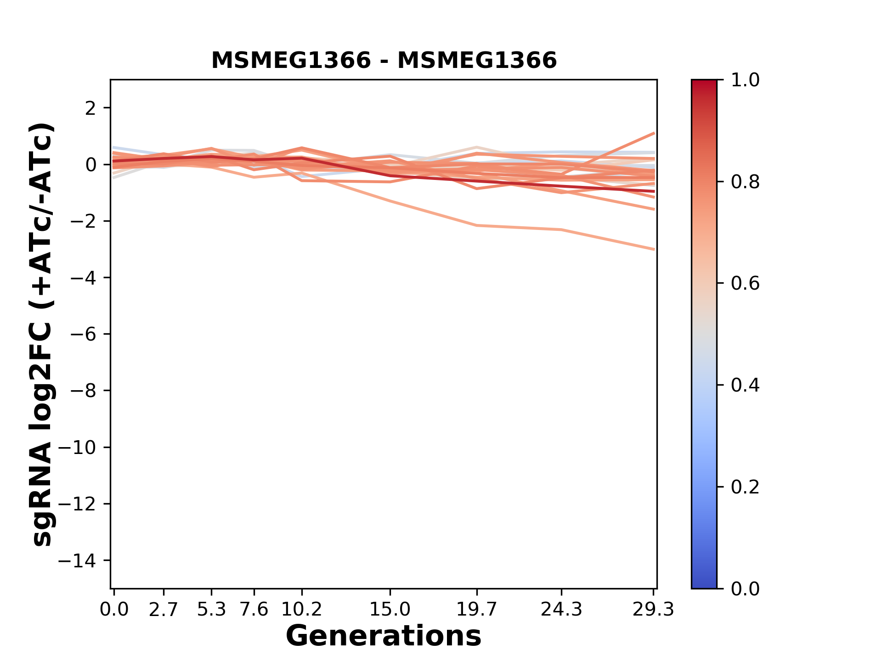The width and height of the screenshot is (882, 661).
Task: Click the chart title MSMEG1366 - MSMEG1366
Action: (x=384, y=61)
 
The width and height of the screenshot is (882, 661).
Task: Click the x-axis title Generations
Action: (x=384, y=636)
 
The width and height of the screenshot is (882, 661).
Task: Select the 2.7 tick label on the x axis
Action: (x=164, y=610)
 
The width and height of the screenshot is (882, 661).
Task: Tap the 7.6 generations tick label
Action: (x=254, y=610)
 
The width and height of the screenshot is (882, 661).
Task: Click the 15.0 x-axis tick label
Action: (x=390, y=610)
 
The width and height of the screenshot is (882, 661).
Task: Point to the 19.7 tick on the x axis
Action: (x=477, y=610)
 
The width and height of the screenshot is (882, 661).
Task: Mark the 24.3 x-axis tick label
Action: (x=561, y=610)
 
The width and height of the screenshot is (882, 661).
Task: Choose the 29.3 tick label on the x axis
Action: (x=653, y=610)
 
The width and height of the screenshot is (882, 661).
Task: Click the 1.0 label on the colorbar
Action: (x=745, y=80)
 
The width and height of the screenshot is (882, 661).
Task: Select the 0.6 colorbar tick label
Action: (x=745, y=284)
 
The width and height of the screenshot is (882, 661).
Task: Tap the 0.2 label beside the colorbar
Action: (x=745, y=487)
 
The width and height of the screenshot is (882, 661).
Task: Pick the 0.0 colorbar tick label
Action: (x=745, y=588)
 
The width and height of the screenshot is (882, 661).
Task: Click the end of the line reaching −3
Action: (x=654, y=249)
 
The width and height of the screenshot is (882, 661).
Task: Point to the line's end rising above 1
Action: (x=654, y=133)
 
